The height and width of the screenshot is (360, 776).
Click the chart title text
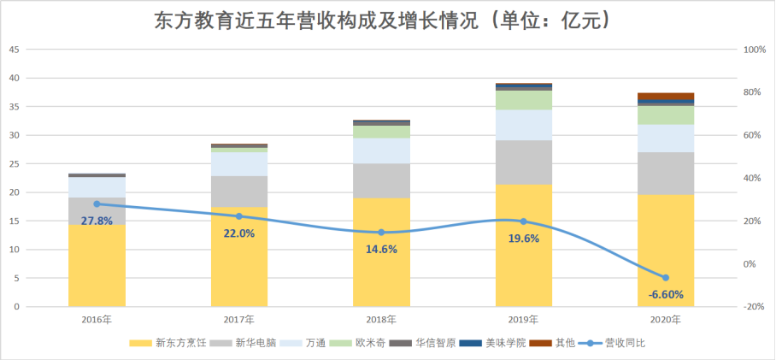pyautogui.click(x=387, y=20)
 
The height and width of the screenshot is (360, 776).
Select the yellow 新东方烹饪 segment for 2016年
pyautogui.click(x=97, y=265)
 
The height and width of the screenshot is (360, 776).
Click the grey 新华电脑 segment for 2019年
pyautogui.click(x=523, y=162)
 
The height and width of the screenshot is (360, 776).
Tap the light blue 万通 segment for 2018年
pyautogui.click(x=381, y=150)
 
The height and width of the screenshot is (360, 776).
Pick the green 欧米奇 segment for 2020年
pyautogui.click(x=666, y=115)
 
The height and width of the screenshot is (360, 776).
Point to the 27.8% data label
pyautogui.click(x=97, y=221)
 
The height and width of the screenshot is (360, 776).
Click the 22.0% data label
pyautogui.click(x=238, y=233)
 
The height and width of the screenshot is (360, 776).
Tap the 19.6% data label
pyautogui.click(x=523, y=239)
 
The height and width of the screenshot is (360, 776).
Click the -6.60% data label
pyautogui.click(x=666, y=295)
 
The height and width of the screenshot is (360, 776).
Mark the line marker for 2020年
pyautogui.click(x=666, y=278)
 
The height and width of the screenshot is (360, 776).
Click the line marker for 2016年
pyautogui.click(x=97, y=204)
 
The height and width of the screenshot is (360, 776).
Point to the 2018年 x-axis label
pyautogui.click(x=381, y=320)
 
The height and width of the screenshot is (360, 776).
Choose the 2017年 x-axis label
pyautogui.click(x=238, y=320)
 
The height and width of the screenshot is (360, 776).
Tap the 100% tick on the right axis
pyautogui.click(x=755, y=50)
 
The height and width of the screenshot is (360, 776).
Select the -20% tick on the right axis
pyautogui.click(x=754, y=306)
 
